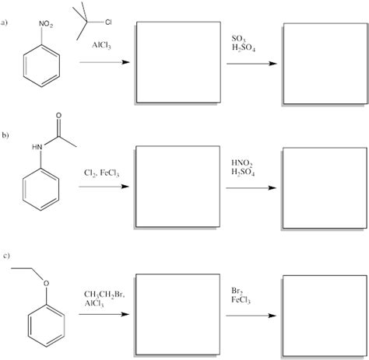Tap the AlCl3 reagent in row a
[101, 47]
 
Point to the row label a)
[6, 22]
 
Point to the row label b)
[6, 138]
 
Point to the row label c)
[6, 256]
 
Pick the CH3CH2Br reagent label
[104, 295]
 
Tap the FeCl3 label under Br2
[241, 299]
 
